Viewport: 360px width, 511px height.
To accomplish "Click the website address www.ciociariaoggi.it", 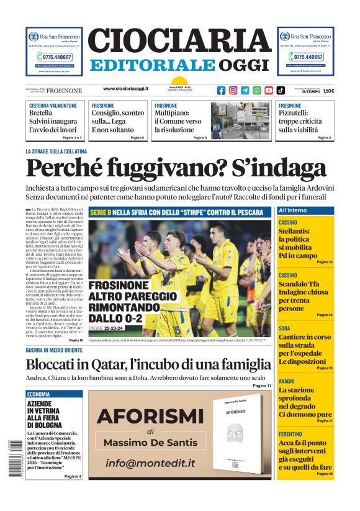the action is tap(125, 89).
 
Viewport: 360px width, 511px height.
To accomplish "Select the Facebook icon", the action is tap(221, 90).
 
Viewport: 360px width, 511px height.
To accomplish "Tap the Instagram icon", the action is tap(233, 90).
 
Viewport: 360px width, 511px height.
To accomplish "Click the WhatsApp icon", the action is tap(257, 90).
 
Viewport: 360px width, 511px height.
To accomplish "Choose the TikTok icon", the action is tap(281, 90).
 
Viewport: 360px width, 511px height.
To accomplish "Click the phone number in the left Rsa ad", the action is tap(54, 57).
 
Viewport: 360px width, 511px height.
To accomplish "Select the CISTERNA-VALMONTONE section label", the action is tap(53, 106).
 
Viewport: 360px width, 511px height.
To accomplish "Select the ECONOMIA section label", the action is tap(38, 394).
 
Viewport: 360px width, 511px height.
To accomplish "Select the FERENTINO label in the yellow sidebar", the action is tap(290, 434).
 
